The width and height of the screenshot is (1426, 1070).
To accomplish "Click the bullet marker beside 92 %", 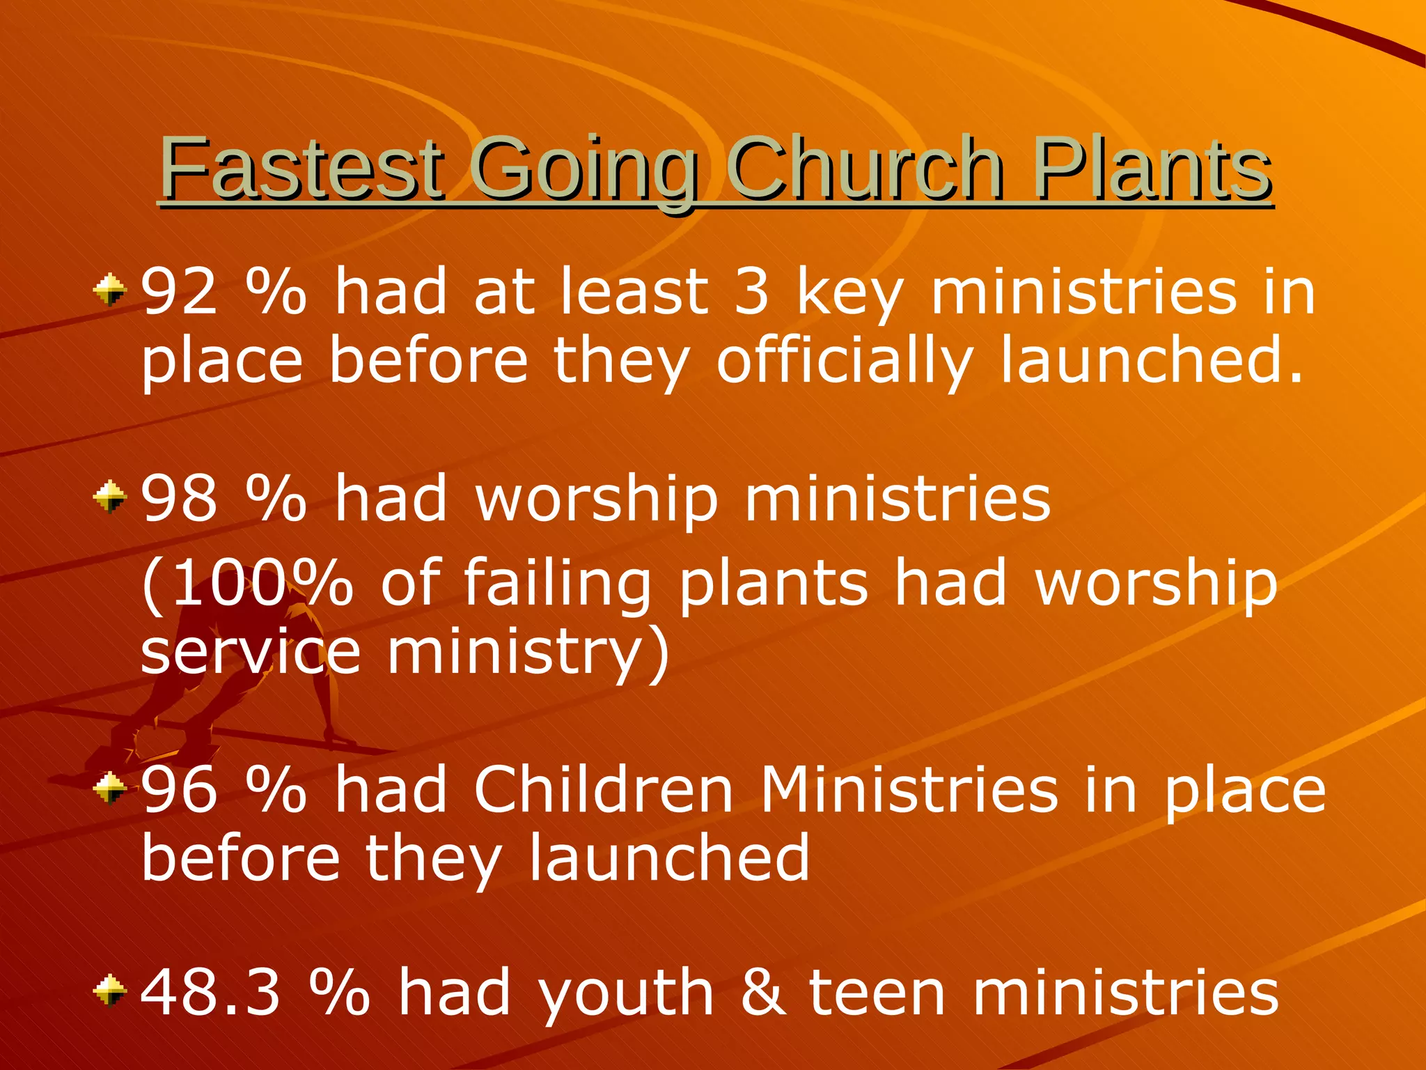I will coord(110,289).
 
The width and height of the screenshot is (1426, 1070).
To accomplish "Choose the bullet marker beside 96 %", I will coord(110,789).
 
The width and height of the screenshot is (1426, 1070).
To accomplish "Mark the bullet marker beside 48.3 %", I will coord(110,991).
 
